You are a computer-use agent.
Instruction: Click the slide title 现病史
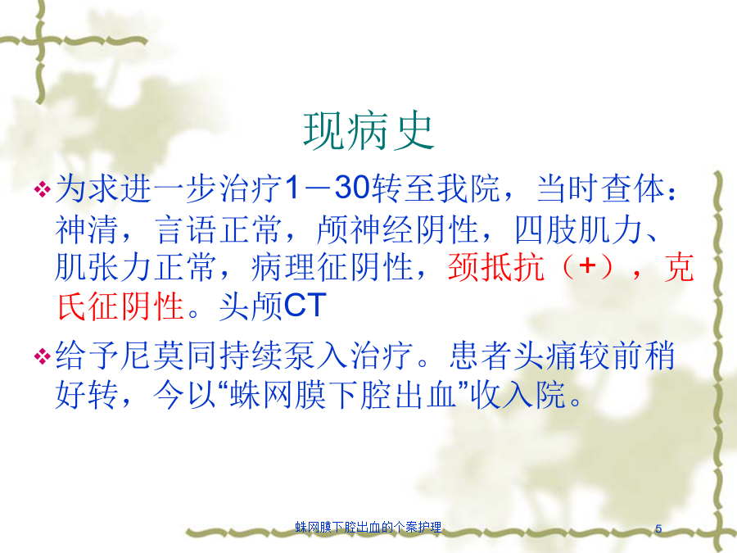click(368, 132)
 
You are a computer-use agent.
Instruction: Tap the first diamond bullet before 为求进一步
click(43, 189)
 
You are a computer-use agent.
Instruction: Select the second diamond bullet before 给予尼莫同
click(43, 356)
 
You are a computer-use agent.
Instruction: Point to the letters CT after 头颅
click(305, 306)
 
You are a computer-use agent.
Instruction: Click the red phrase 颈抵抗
click(496, 267)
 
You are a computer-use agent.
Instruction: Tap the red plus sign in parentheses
click(587, 266)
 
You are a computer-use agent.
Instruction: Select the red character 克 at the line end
click(679, 267)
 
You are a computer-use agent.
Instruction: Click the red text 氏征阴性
click(120, 306)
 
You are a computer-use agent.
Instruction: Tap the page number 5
click(658, 528)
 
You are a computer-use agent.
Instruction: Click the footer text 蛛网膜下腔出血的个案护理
click(368, 527)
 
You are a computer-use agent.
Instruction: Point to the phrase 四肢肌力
click(579, 230)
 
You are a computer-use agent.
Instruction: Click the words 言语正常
click(219, 230)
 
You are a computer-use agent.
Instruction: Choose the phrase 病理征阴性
click(332, 267)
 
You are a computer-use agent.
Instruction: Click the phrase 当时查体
click(601, 188)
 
